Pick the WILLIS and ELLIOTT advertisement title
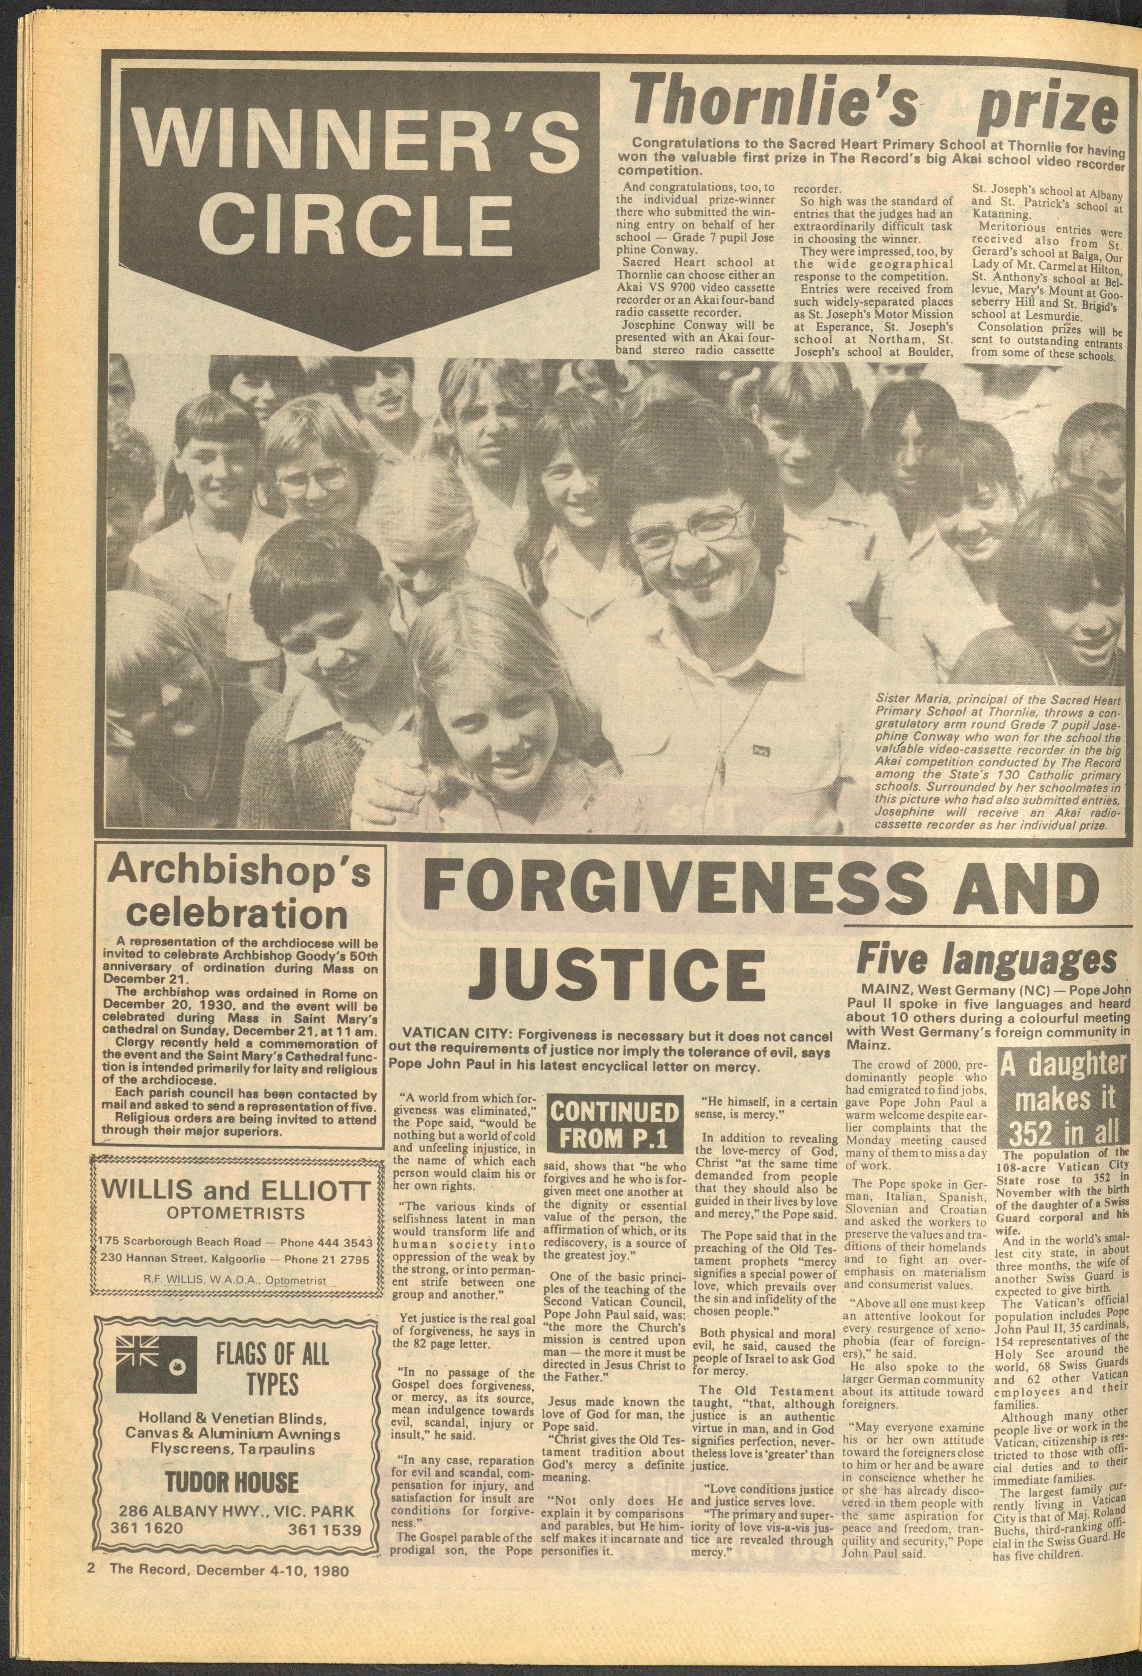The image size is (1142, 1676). coord(238,1191)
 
